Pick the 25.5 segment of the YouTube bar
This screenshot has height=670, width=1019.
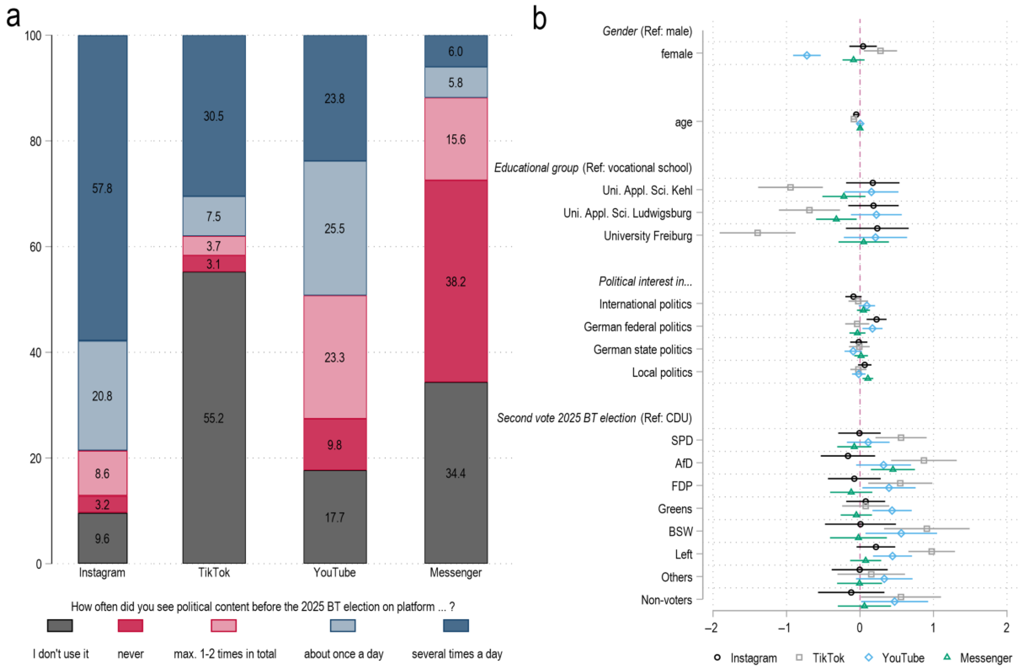[x=334, y=228]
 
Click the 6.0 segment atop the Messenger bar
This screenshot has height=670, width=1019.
[x=456, y=51]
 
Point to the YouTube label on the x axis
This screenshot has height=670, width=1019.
[x=334, y=572]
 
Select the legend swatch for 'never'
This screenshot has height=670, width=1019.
[x=130, y=625]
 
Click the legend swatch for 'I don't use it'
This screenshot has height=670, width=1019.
[x=60, y=625]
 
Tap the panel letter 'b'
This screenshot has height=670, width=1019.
[x=539, y=19]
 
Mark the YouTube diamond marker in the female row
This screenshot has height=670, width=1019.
[x=807, y=55]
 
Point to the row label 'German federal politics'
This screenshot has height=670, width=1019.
[x=637, y=327]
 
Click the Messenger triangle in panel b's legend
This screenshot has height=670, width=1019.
[x=947, y=657]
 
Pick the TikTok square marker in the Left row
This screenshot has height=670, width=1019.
[x=932, y=551]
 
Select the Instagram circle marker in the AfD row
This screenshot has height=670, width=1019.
[x=848, y=456]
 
